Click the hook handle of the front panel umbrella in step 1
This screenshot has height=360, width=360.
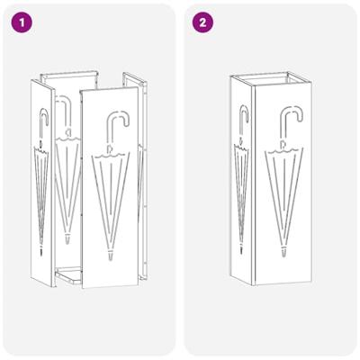[114, 124]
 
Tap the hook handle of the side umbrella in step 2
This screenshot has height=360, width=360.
[243, 117]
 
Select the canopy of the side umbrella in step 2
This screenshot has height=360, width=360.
[241, 189]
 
